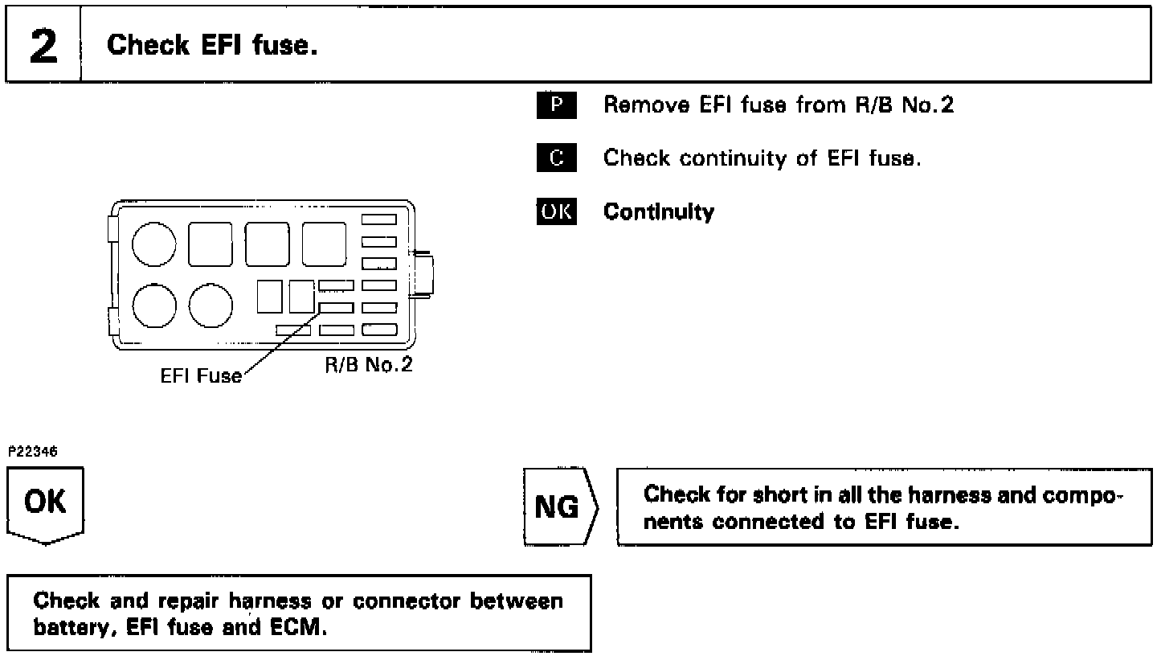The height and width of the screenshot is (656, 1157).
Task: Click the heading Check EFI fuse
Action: [212, 45]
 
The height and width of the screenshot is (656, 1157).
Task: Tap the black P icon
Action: [556, 105]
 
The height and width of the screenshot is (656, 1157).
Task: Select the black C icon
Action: [556, 158]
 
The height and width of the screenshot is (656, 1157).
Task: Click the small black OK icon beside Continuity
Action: [556, 211]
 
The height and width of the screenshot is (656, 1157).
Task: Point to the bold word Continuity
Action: [658, 212]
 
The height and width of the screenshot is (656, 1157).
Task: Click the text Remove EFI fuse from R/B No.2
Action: [778, 105]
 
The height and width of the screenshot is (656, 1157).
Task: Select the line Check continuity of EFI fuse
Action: [762, 158]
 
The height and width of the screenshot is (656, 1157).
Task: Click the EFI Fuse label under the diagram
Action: [200, 375]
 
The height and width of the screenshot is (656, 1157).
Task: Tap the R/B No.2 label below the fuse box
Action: [368, 365]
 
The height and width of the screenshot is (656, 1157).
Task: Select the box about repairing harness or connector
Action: [299, 613]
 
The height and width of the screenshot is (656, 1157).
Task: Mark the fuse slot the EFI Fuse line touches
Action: [336, 307]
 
